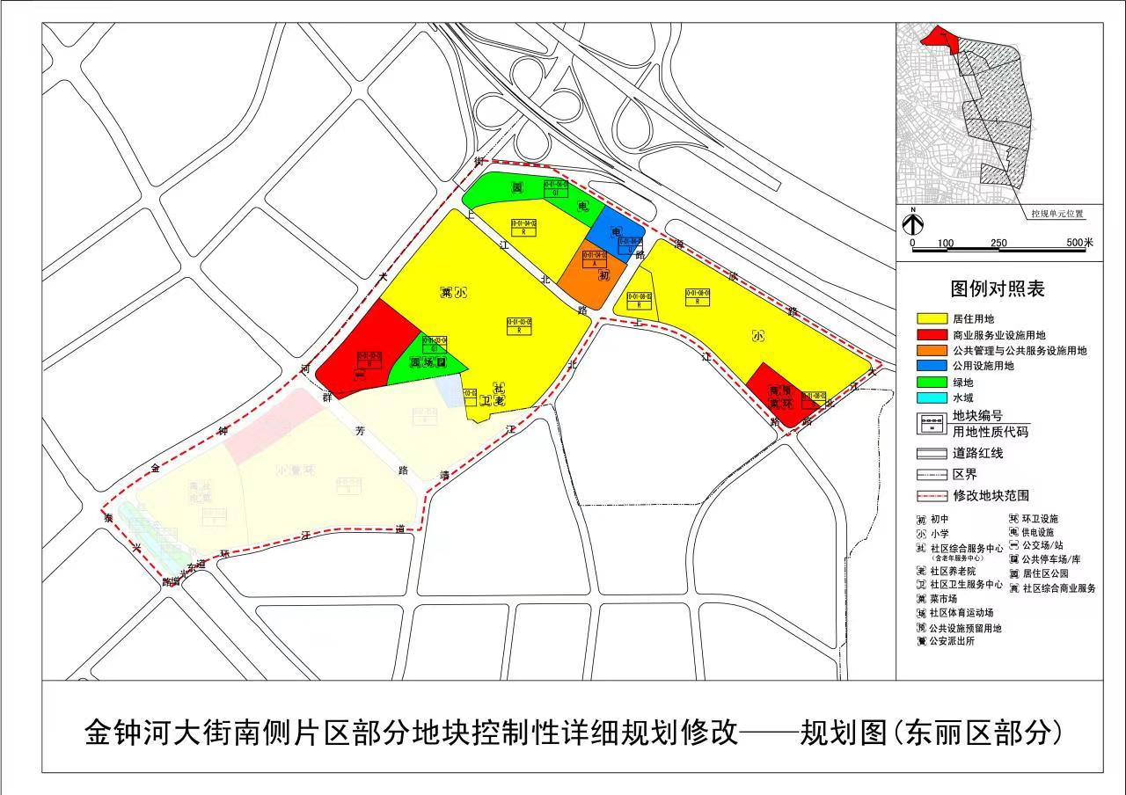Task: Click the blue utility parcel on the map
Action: [x=611, y=230]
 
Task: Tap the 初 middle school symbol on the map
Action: [x=603, y=275]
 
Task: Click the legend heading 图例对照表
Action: [x=997, y=288]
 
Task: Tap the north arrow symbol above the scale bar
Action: [x=914, y=223]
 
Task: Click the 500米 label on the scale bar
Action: [x=1079, y=243]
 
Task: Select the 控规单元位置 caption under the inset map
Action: [x=1057, y=213]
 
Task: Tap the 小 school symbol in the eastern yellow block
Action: [x=758, y=336]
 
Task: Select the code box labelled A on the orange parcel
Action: [x=595, y=262]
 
